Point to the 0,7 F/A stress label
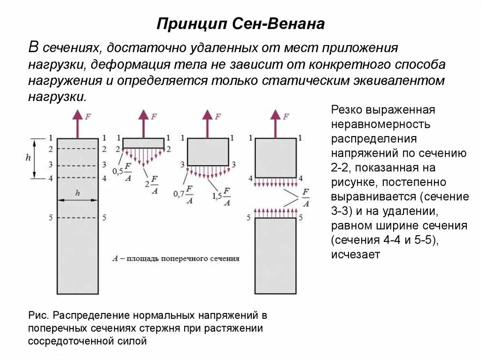(x=184, y=194)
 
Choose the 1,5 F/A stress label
(x=221, y=197)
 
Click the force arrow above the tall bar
(x=78, y=123)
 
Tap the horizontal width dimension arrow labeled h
(x=78, y=200)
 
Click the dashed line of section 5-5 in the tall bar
(x=78, y=218)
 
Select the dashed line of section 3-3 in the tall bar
(x=78, y=165)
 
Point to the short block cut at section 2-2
(x=143, y=143)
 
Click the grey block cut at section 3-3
(x=208, y=152)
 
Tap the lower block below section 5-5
(x=275, y=255)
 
